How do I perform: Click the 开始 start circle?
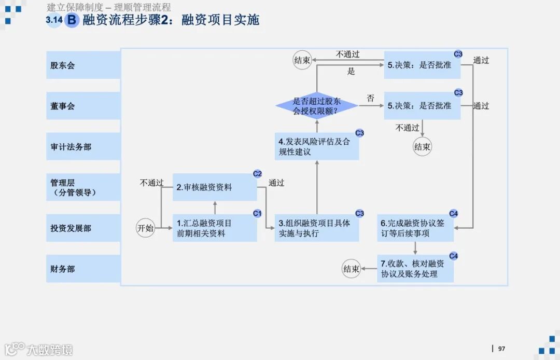(146, 228)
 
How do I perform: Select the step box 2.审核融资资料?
(215, 187)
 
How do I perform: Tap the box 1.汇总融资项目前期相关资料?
(215, 228)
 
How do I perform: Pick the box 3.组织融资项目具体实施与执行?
(317, 228)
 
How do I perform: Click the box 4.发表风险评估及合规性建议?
(317, 146)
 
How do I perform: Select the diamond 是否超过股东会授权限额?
(317, 106)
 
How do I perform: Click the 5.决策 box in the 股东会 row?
(422, 65)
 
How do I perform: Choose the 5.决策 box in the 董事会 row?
(422, 106)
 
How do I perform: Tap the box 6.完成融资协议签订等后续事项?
(415, 228)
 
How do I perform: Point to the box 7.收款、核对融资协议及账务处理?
(415, 269)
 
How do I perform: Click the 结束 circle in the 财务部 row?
(351, 269)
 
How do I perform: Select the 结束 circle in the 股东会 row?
(302, 60)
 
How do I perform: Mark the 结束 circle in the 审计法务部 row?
(423, 147)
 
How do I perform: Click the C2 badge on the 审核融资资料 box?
(257, 173)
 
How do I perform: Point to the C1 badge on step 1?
(257, 213)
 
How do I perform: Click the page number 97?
(501, 349)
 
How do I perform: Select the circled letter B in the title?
(72, 20)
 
